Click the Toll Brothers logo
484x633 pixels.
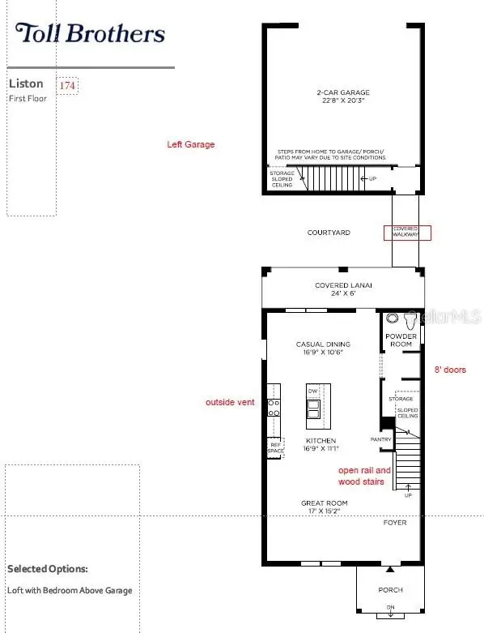tap(90, 33)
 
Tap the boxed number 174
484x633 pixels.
tap(68, 85)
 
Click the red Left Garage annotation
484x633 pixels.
tap(191, 145)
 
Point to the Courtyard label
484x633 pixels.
tap(329, 233)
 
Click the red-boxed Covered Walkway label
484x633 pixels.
tap(407, 233)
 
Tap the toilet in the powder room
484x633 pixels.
tap(394, 319)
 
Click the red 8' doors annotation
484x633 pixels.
tap(450, 370)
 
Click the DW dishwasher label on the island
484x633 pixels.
tap(312, 391)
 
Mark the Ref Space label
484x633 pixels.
tap(277, 447)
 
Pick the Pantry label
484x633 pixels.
tap(381, 440)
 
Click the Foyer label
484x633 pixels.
tap(395, 523)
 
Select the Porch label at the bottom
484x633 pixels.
tap(390, 590)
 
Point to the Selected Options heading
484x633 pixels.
tap(48, 569)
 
